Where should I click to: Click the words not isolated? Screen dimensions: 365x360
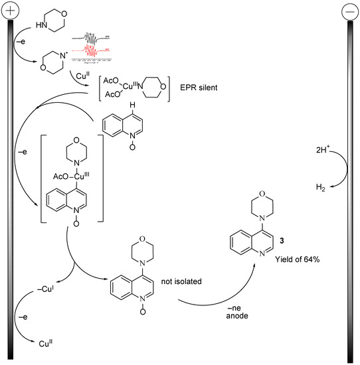(x=182, y=281)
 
